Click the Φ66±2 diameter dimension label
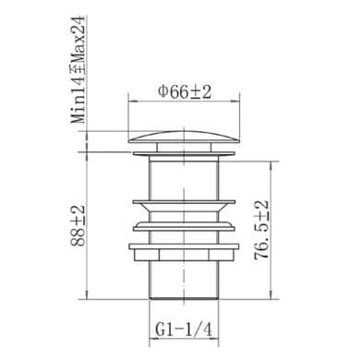pos(185,92)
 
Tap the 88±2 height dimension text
pos(78,225)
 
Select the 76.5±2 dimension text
pos(262,230)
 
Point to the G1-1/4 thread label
pos(184,330)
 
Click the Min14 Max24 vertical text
pos(78,69)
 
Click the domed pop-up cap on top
pos(184,138)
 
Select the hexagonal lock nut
pos(184,255)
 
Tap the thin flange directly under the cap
pos(184,153)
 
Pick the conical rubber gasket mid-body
pos(184,206)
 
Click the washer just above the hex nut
pos(184,246)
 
